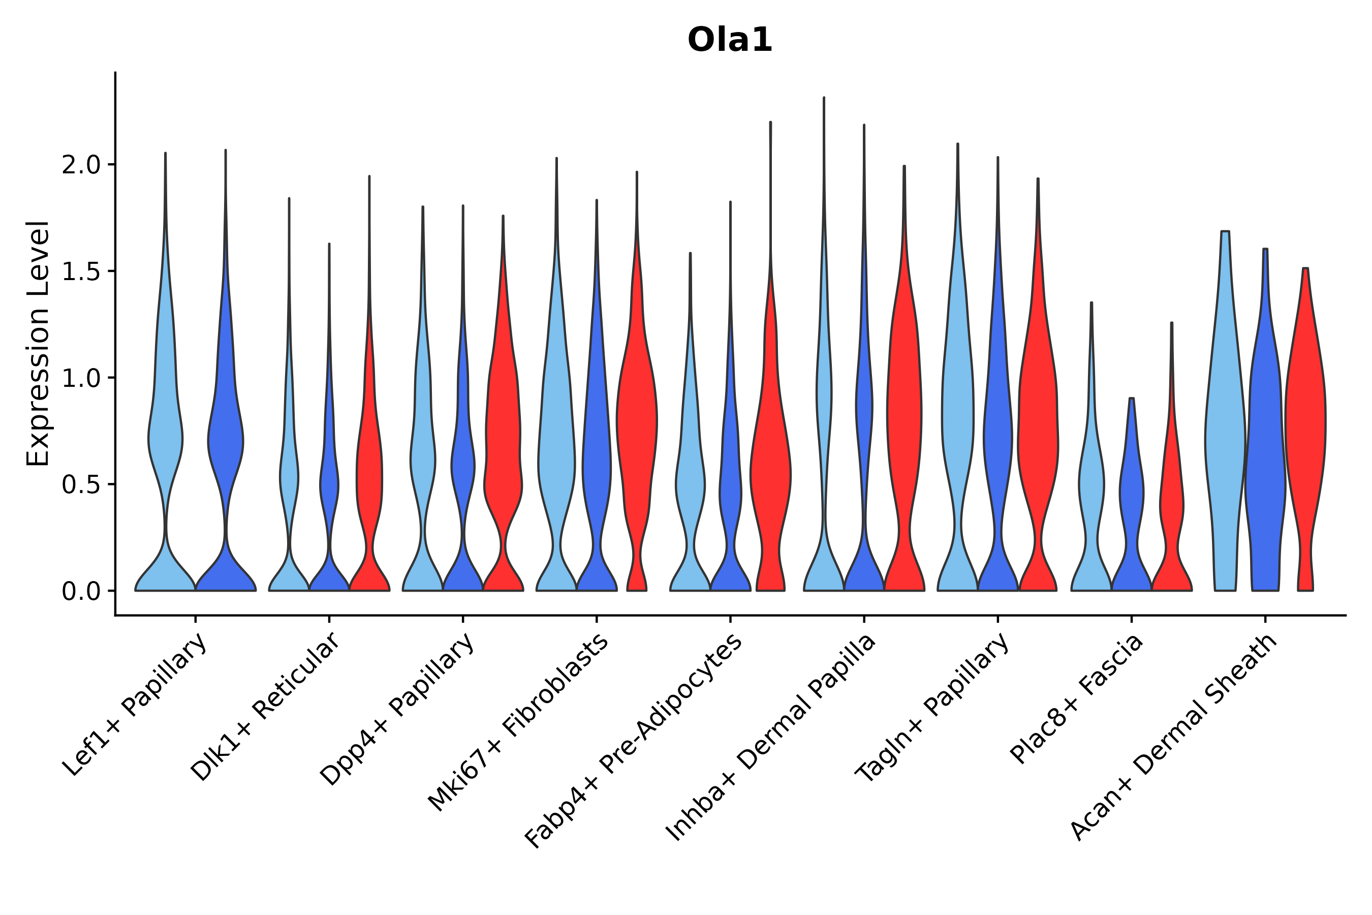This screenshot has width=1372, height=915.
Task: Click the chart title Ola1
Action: pos(730,40)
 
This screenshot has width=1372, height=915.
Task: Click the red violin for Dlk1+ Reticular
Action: pos(369,467)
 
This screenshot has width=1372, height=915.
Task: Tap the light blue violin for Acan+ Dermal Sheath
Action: pos(1225,438)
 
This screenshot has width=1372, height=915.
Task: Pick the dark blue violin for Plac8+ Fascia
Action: pos(1131,496)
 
